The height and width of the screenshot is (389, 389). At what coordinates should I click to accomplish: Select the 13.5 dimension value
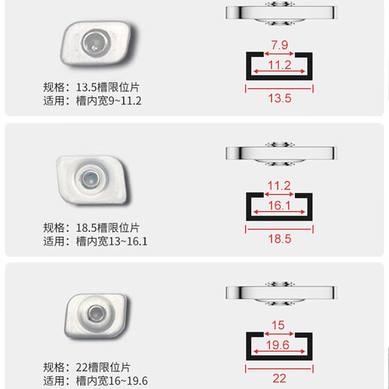tap(279, 97)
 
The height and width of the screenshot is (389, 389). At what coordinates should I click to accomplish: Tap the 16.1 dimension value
tap(279, 205)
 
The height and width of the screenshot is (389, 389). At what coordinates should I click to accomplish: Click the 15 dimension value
tap(279, 325)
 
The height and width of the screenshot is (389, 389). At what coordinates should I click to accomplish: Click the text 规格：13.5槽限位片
tap(91, 85)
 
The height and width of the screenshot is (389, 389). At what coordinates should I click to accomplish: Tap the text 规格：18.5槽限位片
tap(91, 227)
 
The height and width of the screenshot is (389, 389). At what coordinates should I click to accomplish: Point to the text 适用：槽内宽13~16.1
tap(96, 241)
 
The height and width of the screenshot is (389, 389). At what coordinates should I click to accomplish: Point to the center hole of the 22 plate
tap(96, 313)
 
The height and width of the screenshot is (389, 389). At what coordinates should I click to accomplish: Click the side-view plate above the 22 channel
tap(279, 290)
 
